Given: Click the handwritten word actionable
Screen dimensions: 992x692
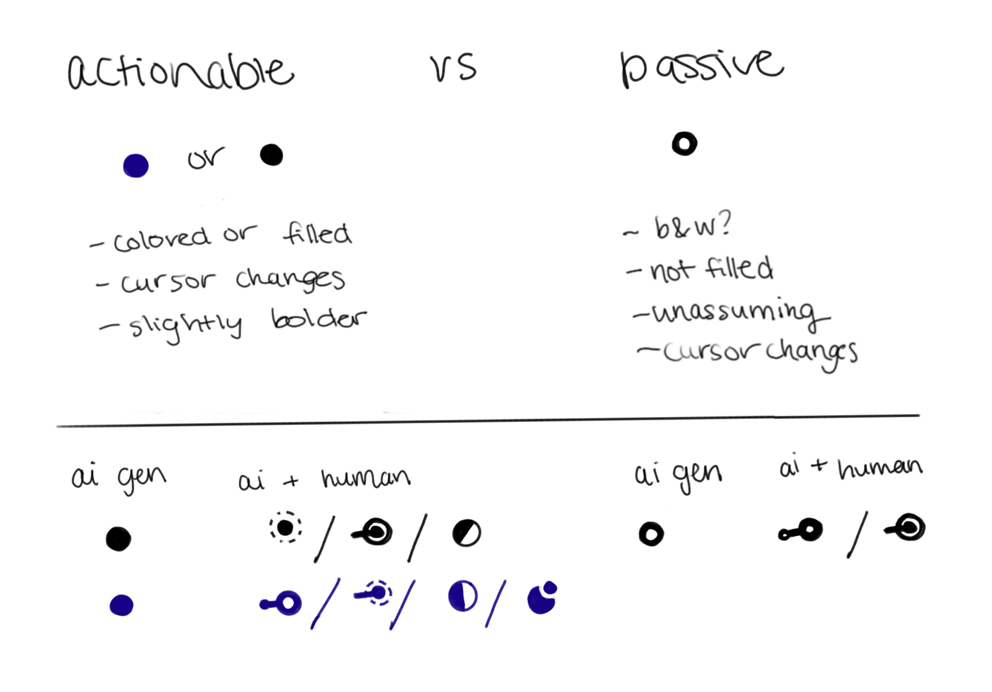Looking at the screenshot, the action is [x=180, y=72].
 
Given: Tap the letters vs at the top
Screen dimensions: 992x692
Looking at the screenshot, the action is [x=453, y=67].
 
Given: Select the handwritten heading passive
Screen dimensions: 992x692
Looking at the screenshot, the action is [x=701, y=67].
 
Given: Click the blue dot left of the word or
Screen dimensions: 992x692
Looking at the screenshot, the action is [x=136, y=166].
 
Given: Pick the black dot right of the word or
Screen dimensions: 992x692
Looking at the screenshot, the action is [x=272, y=155].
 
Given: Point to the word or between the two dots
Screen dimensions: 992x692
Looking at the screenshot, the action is [x=206, y=158].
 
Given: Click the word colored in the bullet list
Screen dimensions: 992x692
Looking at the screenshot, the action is [x=162, y=239].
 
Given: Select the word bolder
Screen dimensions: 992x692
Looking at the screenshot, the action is [x=319, y=319].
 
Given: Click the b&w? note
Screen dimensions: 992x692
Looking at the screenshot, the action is [x=693, y=227].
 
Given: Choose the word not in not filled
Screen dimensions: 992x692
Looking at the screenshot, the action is [x=672, y=270].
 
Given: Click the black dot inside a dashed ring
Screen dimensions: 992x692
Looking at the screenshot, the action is [x=285, y=527].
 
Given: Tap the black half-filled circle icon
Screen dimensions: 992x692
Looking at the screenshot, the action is [x=467, y=533].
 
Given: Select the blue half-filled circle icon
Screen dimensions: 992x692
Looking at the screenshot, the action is [x=463, y=596].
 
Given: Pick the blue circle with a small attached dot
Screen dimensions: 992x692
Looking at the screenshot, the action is [x=542, y=599].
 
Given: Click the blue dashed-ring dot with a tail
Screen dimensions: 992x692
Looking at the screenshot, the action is [x=377, y=593].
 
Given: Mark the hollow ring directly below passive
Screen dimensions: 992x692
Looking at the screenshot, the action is [x=684, y=143].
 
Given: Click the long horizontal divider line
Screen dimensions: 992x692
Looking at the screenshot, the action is [x=488, y=421].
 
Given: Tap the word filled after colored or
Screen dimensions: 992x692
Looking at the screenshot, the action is [x=317, y=234].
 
